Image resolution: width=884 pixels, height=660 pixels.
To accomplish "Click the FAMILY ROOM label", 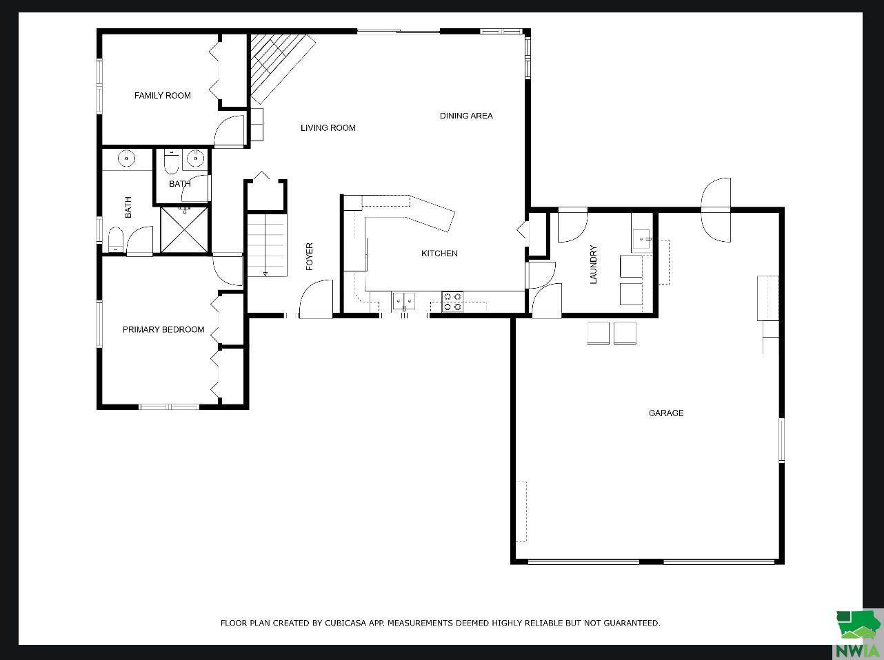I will (x=162, y=96).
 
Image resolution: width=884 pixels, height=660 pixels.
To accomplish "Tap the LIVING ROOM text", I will (x=328, y=128).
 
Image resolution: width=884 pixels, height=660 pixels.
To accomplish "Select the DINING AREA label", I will (x=466, y=116).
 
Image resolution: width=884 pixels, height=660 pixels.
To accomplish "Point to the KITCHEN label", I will (x=439, y=254).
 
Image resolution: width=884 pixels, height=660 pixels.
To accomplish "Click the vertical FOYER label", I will (x=310, y=256).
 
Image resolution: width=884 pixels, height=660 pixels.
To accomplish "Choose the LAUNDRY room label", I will (x=593, y=265).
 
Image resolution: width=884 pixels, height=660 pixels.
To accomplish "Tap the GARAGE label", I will (x=666, y=413).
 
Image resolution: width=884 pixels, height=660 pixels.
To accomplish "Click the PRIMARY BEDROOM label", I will (x=163, y=330).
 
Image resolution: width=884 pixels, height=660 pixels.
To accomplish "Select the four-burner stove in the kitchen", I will (x=452, y=302).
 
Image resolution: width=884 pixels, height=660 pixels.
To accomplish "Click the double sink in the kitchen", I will (x=403, y=300).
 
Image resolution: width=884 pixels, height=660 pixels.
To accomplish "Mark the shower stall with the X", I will (x=185, y=230).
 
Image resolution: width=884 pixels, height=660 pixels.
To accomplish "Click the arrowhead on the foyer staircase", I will (x=265, y=274).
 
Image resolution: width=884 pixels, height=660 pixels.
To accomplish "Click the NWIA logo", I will (x=858, y=634).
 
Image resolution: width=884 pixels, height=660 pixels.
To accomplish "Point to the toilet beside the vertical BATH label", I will (x=116, y=241).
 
